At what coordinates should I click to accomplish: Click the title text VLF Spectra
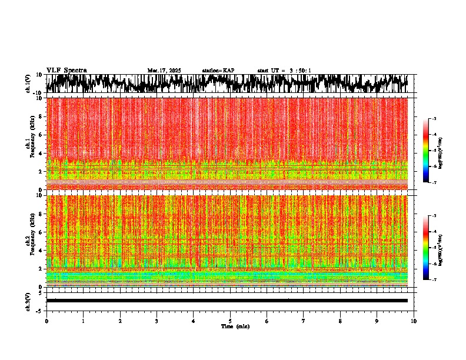tap(66, 70)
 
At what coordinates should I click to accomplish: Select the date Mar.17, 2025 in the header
tap(164, 71)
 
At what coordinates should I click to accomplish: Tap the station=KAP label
tap(218, 71)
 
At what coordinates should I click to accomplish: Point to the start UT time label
tap(284, 71)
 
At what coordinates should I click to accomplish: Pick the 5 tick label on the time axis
tap(230, 321)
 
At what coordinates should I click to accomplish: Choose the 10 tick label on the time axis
tap(414, 321)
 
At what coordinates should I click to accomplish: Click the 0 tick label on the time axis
tap(46, 321)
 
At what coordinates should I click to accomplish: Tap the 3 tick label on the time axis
tap(157, 321)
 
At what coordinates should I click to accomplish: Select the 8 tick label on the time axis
tap(340, 321)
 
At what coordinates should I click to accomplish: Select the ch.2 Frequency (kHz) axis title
tap(29, 241)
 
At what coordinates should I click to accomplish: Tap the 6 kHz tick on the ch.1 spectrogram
tap(41, 135)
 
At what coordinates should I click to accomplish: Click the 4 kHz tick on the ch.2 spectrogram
tap(41, 250)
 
